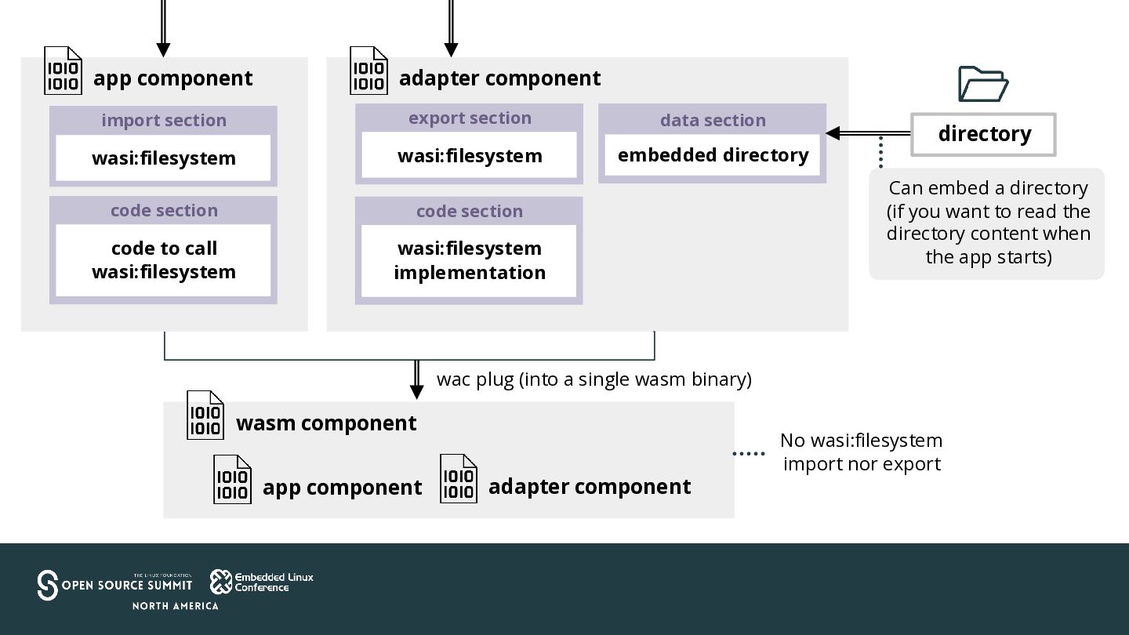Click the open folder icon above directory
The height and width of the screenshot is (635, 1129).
tap(982, 84)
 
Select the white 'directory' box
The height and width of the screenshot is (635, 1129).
tap(983, 134)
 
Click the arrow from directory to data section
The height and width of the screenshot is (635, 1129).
tap(869, 133)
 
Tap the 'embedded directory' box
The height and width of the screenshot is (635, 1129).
tap(712, 155)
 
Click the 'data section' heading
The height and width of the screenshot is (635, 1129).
tap(713, 120)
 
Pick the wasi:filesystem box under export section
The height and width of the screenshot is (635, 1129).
tap(469, 155)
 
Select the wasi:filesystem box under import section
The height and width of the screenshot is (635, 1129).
tap(163, 158)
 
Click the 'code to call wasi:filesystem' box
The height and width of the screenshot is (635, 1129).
tap(163, 260)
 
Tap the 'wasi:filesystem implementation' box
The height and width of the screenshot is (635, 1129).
tap(469, 260)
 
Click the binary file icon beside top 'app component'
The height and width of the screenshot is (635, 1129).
tap(63, 71)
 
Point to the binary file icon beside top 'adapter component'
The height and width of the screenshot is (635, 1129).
tap(369, 71)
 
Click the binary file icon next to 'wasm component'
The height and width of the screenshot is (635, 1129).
tap(205, 415)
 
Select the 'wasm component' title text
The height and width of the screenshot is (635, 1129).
tap(326, 423)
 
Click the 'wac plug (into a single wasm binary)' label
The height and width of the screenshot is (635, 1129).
tap(594, 379)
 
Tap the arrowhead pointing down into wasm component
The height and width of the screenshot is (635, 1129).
tap(417, 392)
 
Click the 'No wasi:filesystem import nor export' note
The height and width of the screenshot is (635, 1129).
tap(862, 452)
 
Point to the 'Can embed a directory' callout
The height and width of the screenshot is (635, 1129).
tap(987, 223)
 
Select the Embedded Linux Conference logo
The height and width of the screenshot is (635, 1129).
tap(262, 582)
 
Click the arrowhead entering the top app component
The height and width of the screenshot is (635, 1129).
tap(163, 50)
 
